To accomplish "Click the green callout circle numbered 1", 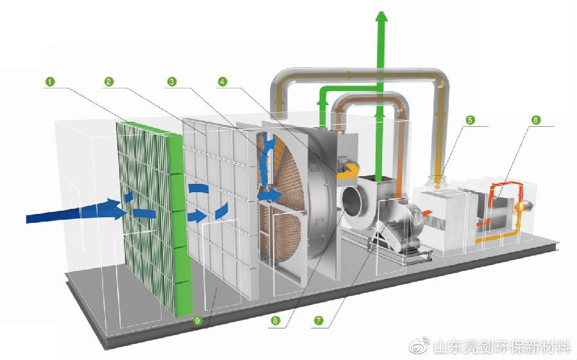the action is coord(50,81).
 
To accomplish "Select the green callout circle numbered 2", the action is coord(108,81).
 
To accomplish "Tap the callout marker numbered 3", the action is coord(172,81).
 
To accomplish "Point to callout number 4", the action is coord(222,81).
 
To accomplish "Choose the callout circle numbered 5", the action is coord(470,120).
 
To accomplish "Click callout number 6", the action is coord(536,120).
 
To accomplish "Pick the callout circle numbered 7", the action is coord(318,321).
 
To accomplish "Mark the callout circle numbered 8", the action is coord(275,321).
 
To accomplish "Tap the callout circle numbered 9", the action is coord(197,321).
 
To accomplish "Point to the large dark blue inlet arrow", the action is coord(74,211).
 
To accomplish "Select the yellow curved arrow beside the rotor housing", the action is coord(348,170).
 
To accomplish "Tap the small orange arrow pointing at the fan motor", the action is coord(426,213).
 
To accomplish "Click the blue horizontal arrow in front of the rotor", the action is coord(270,195).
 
